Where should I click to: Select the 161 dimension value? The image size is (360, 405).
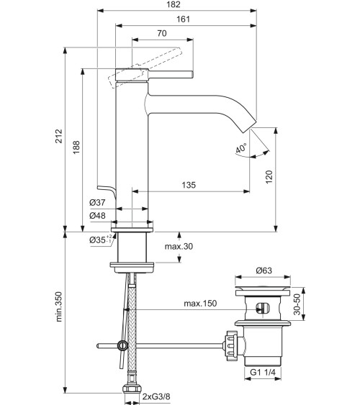point(183,19)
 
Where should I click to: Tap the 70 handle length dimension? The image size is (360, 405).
point(161,33)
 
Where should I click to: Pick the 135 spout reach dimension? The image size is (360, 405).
point(188,185)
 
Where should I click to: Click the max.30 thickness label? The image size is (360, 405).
point(179,247)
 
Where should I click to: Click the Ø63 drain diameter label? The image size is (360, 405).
point(263,271)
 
